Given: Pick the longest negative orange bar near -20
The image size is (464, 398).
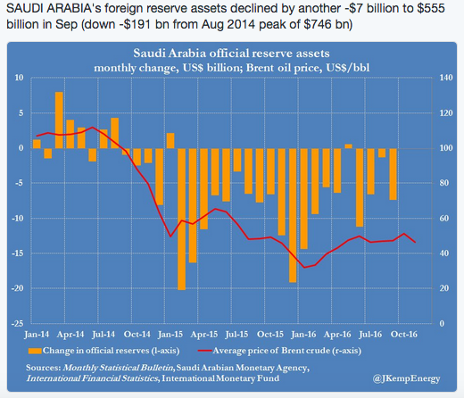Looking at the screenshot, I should (181, 218).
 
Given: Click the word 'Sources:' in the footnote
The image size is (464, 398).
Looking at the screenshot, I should (46, 366).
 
